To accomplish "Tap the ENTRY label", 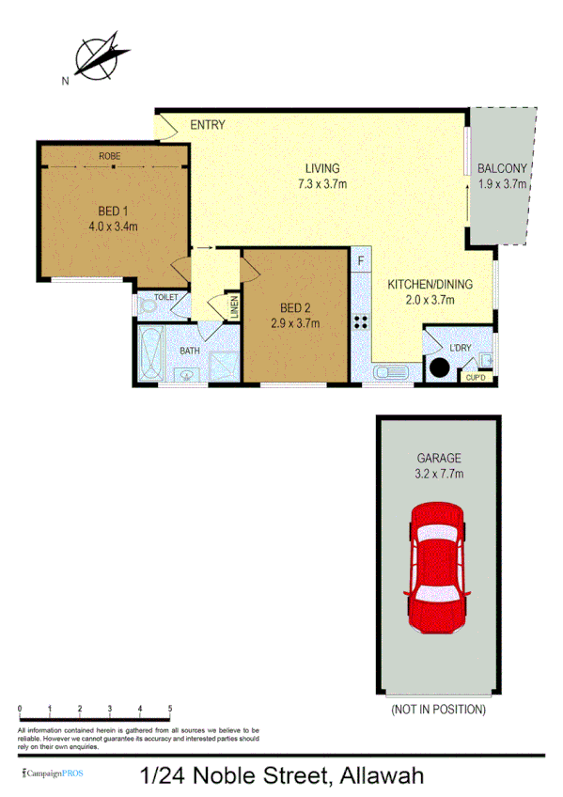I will click(207, 125).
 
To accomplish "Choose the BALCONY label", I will click(503, 168).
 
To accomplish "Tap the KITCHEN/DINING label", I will click(431, 285).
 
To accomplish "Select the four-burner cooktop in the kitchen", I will click(361, 321).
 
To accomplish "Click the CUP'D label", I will click(476, 378).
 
